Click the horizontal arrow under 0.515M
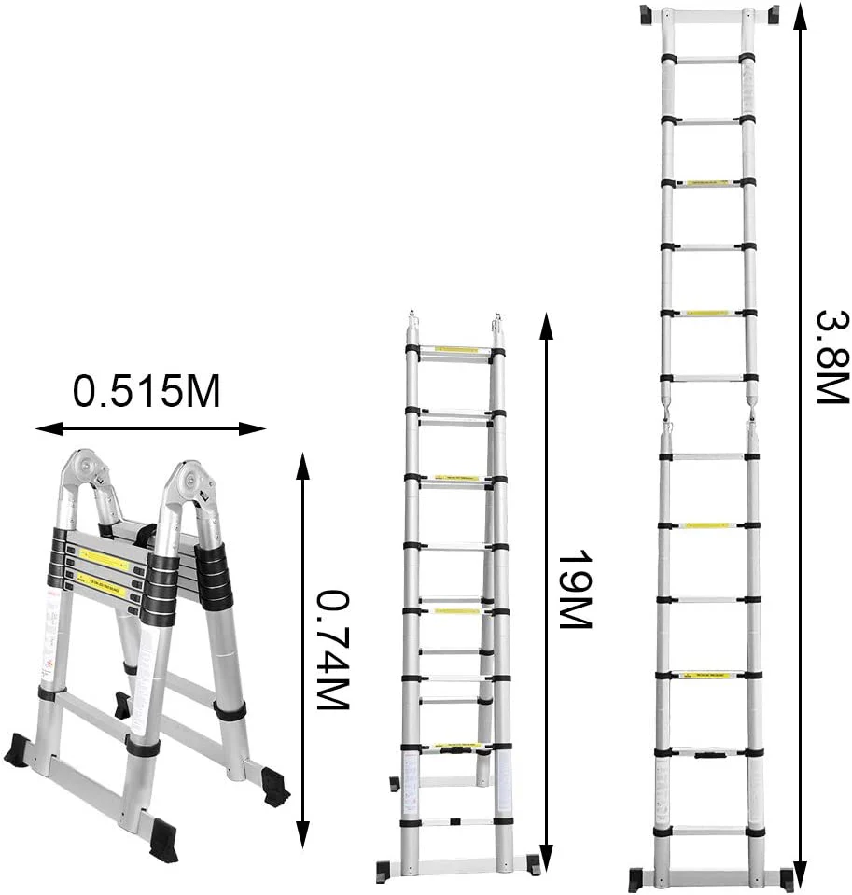pos(150,429)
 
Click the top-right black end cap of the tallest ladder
pos(773,15)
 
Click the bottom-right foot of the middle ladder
pos(531,864)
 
